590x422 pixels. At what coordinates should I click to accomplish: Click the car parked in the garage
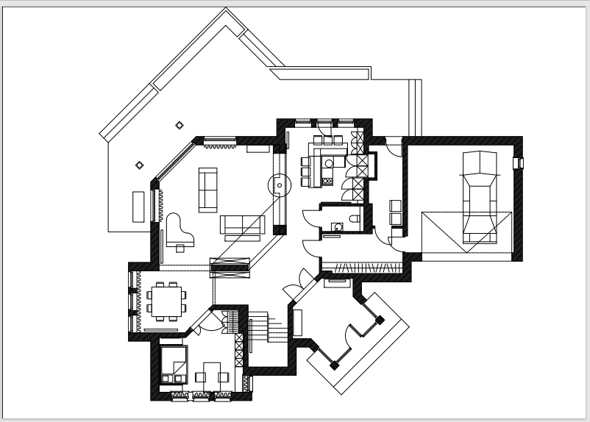click(479, 197)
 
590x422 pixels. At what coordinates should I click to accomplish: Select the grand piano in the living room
click(178, 229)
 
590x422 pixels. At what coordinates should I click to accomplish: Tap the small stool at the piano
click(180, 248)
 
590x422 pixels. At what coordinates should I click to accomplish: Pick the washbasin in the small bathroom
click(335, 227)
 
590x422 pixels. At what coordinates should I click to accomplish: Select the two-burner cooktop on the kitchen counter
click(327, 177)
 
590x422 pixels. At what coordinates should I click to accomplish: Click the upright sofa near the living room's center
click(208, 190)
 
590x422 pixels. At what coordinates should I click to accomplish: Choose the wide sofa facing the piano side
click(242, 226)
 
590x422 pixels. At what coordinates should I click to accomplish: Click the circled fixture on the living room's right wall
click(280, 185)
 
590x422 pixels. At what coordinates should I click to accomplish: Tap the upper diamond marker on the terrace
click(180, 125)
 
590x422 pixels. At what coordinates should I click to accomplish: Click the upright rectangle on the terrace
click(138, 206)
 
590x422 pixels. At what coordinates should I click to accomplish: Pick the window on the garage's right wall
click(519, 162)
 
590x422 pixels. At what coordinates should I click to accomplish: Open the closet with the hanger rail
click(364, 265)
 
